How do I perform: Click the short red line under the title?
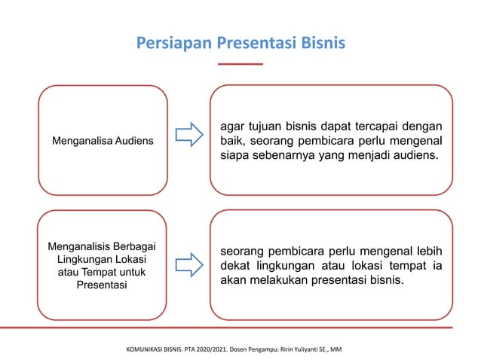tap(240, 65)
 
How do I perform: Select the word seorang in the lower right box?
tap(243, 251)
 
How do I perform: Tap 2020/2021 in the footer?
tap(223, 351)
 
